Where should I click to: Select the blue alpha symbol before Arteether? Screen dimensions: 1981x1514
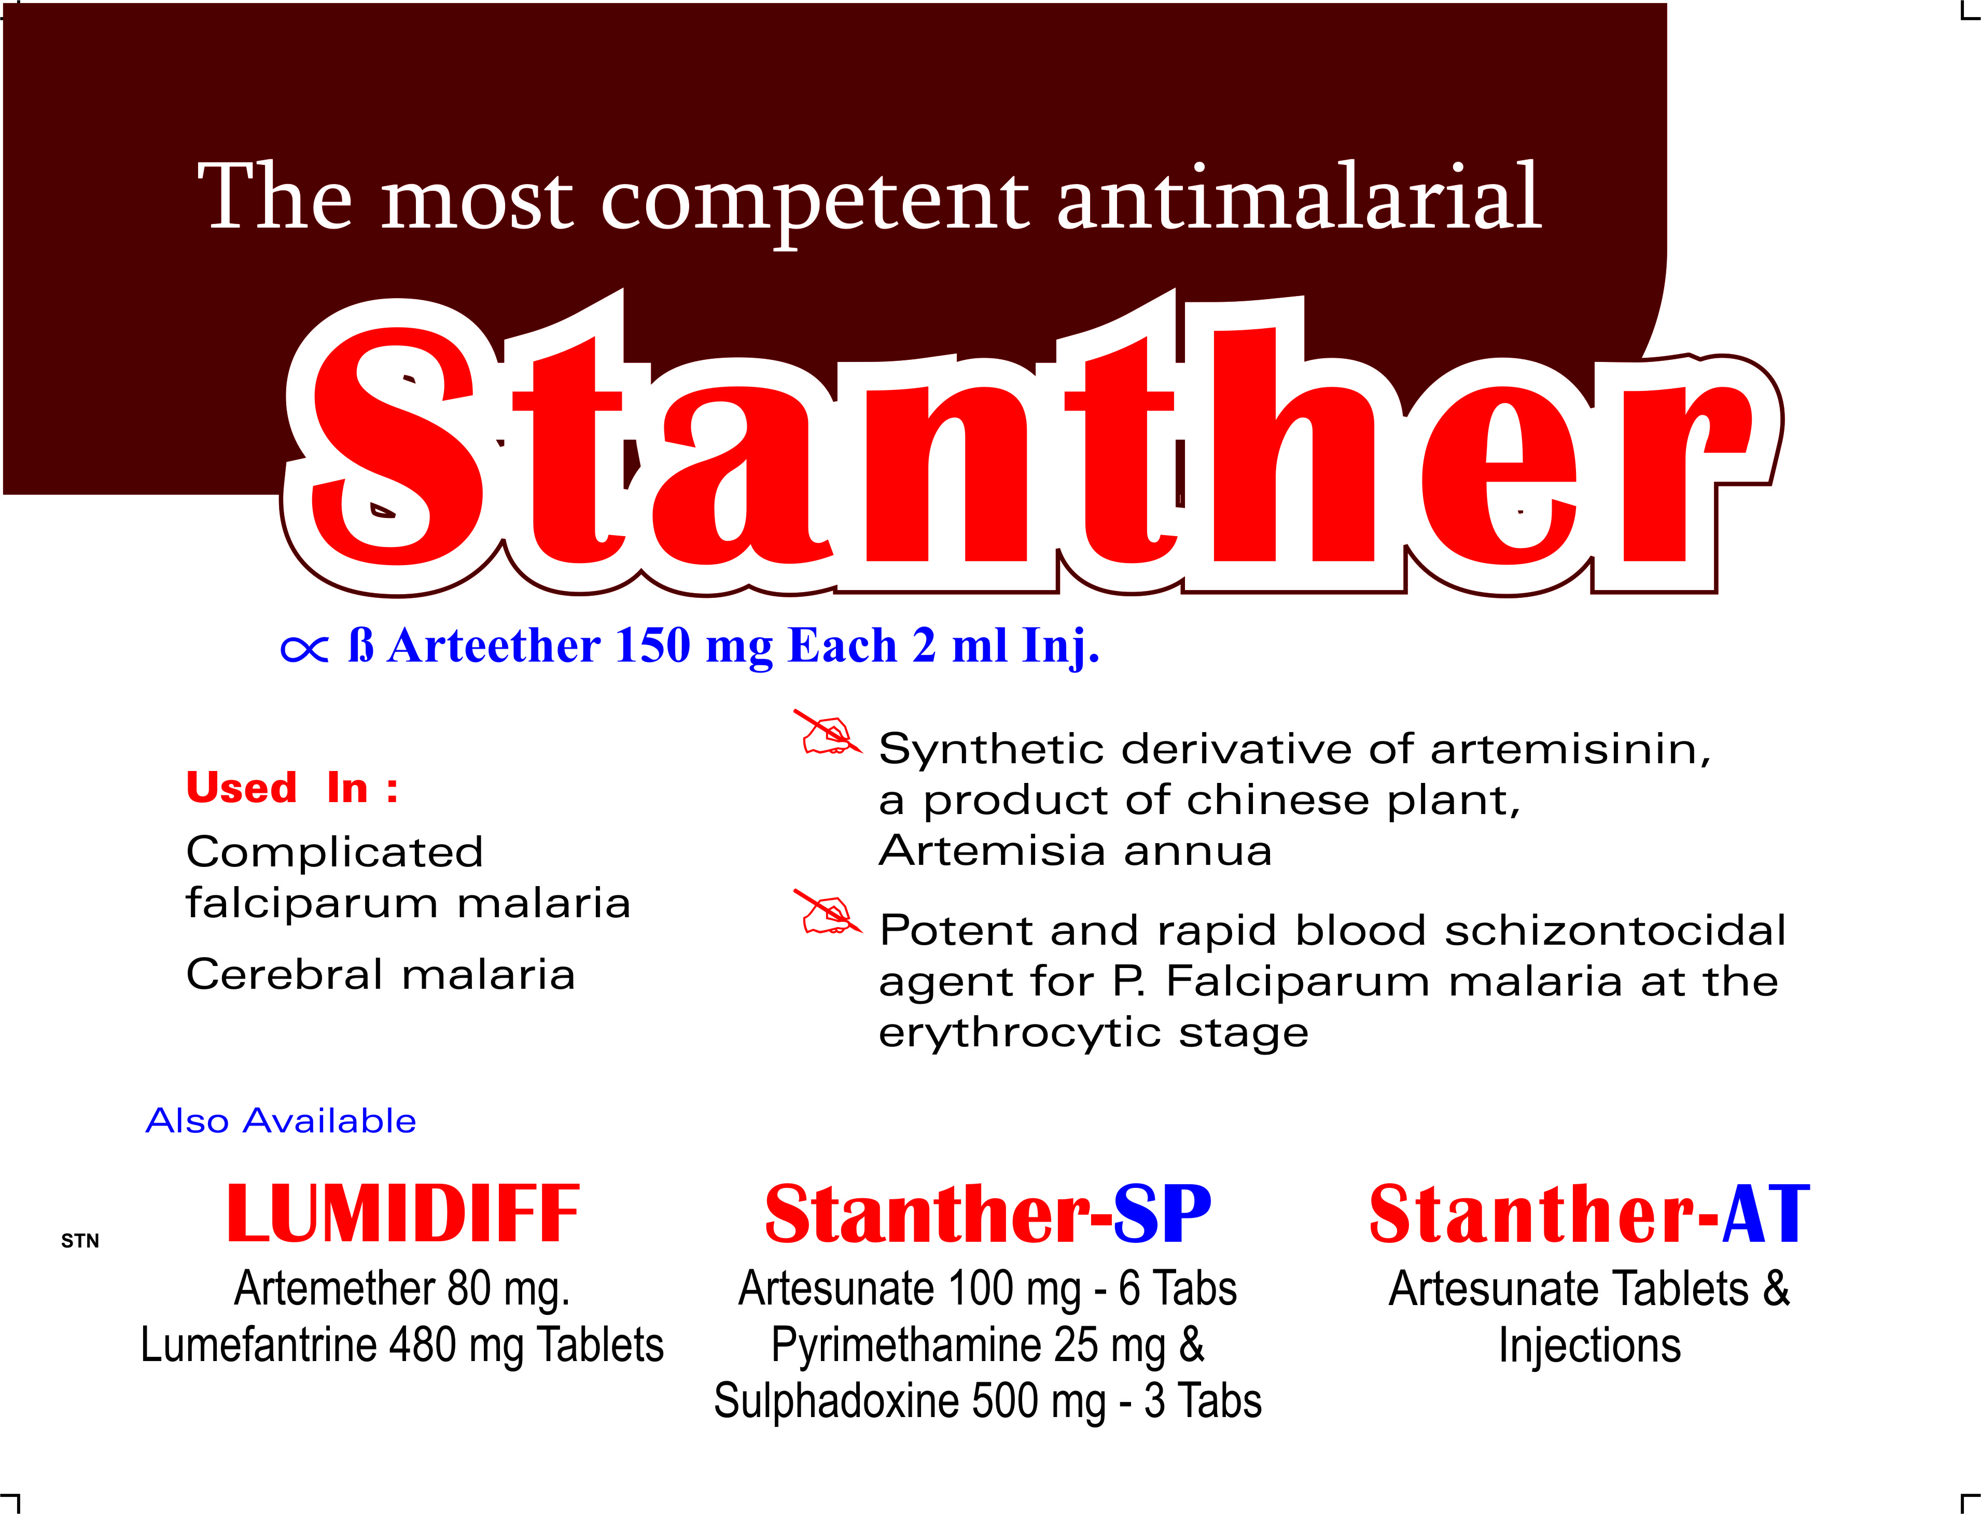tap(304, 649)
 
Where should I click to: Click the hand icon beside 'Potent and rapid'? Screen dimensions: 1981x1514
tap(827, 912)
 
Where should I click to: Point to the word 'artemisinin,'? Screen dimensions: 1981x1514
tap(1570, 749)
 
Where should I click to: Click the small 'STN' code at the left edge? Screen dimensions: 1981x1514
tap(80, 1241)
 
